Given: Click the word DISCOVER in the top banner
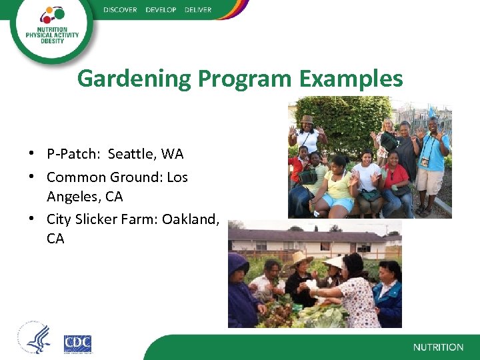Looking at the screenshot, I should point(120,10).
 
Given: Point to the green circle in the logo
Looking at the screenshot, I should point(57,13).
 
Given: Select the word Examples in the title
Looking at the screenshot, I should point(351,79).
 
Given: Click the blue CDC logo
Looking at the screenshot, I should point(77,344).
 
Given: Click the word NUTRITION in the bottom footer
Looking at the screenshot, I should point(438,347).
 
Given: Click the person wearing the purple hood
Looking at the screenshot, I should point(242,287).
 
